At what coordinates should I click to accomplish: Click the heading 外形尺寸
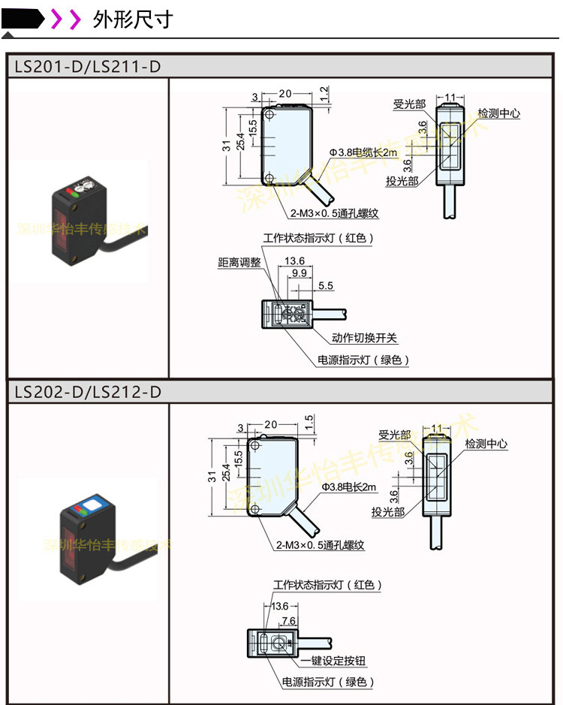click(133, 19)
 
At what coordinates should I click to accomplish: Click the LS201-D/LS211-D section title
click(87, 67)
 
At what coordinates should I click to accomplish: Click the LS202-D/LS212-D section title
click(87, 392)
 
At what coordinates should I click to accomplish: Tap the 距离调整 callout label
click(239, 262)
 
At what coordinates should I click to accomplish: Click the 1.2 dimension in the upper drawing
click(324, 93)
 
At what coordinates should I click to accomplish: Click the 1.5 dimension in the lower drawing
click(309, 422)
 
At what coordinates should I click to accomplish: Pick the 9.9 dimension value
click(299, 273)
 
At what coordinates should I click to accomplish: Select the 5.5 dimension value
click(326, 286)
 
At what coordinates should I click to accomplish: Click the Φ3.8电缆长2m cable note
click(363, 152)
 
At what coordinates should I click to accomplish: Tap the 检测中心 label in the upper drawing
click(499, 113)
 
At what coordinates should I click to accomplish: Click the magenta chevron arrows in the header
click(65, 19)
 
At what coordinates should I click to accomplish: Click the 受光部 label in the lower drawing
click(394, 435)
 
